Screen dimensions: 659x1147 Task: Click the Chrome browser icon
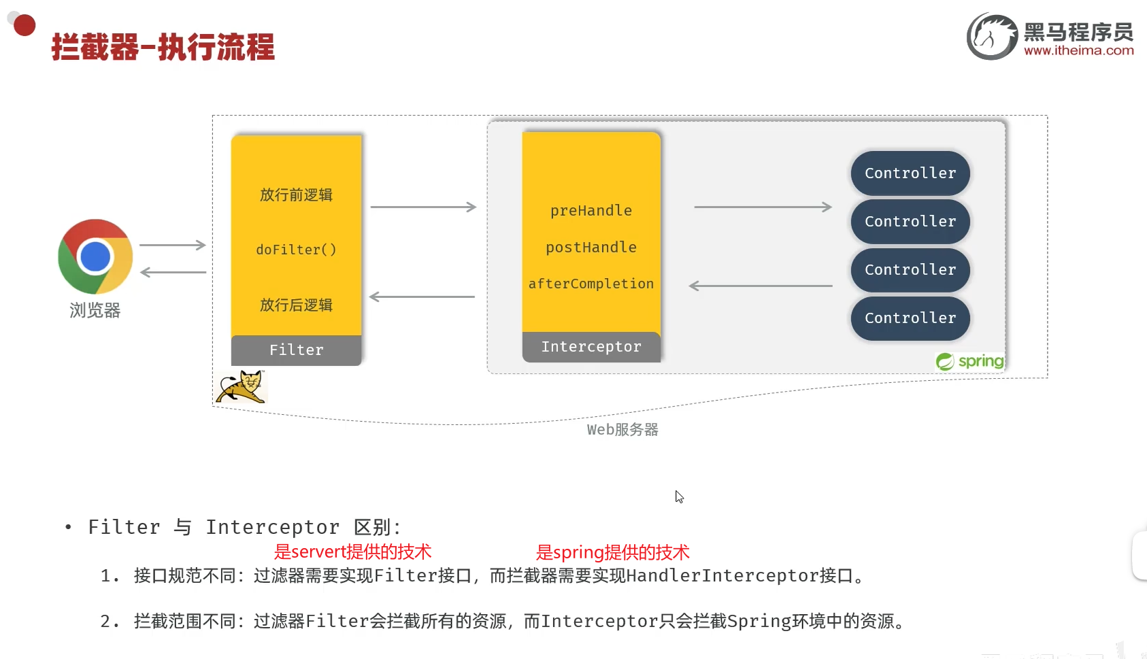[95, 256]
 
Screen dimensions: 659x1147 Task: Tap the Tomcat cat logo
[242, 387]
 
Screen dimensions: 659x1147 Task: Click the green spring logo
[969, 361]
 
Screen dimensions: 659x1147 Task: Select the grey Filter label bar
[296, 350]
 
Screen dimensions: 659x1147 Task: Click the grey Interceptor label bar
[591, 347]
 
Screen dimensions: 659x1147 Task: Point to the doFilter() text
[296, 250]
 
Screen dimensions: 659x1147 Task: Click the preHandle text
[591, 211]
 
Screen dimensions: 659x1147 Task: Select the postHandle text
[591, 248]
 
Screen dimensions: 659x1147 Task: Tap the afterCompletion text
[591, 284]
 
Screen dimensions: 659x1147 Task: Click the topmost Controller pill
[910, 173]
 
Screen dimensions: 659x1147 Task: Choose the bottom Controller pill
[910, 318]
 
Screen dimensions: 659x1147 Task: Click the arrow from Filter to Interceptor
[422, 207]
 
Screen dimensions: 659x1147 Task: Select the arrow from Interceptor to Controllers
[763, 207]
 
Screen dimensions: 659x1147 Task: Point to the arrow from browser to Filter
[172, 245]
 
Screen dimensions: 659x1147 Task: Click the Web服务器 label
[622, 430]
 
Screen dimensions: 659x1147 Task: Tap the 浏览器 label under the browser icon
[95, 311]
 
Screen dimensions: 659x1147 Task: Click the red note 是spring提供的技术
[612, 552]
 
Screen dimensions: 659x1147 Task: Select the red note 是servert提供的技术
[352, 552]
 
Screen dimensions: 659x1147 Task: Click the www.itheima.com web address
[1078, 50]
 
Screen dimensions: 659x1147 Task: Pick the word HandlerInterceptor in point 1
[722, 576]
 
